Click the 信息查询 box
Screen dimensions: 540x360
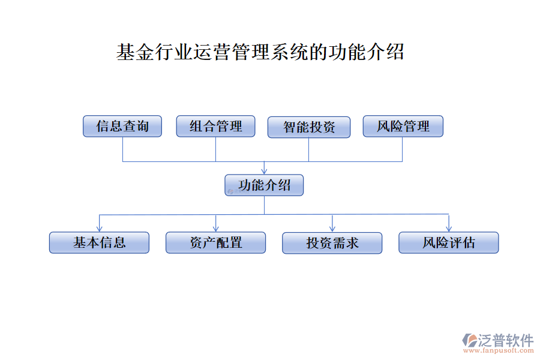122,126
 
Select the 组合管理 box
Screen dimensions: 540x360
215,126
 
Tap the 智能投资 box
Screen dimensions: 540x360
309,127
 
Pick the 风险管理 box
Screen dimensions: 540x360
403,126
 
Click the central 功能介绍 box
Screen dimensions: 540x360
264,185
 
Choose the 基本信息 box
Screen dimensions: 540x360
99,242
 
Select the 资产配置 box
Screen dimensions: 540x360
215,242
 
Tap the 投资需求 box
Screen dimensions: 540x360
332,243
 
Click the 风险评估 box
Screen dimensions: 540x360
449,242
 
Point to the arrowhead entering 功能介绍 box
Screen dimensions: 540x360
264,172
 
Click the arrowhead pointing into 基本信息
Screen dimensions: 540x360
100,229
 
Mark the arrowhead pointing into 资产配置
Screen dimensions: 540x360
216,229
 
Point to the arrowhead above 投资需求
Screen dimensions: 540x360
332,229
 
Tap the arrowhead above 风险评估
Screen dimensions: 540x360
449,229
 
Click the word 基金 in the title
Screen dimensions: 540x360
135,52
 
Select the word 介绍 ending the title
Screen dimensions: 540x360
385,52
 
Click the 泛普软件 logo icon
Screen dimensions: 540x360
470,340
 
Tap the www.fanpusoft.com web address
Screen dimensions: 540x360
499,350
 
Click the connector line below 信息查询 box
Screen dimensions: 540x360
123,149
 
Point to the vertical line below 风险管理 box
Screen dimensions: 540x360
402,149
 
